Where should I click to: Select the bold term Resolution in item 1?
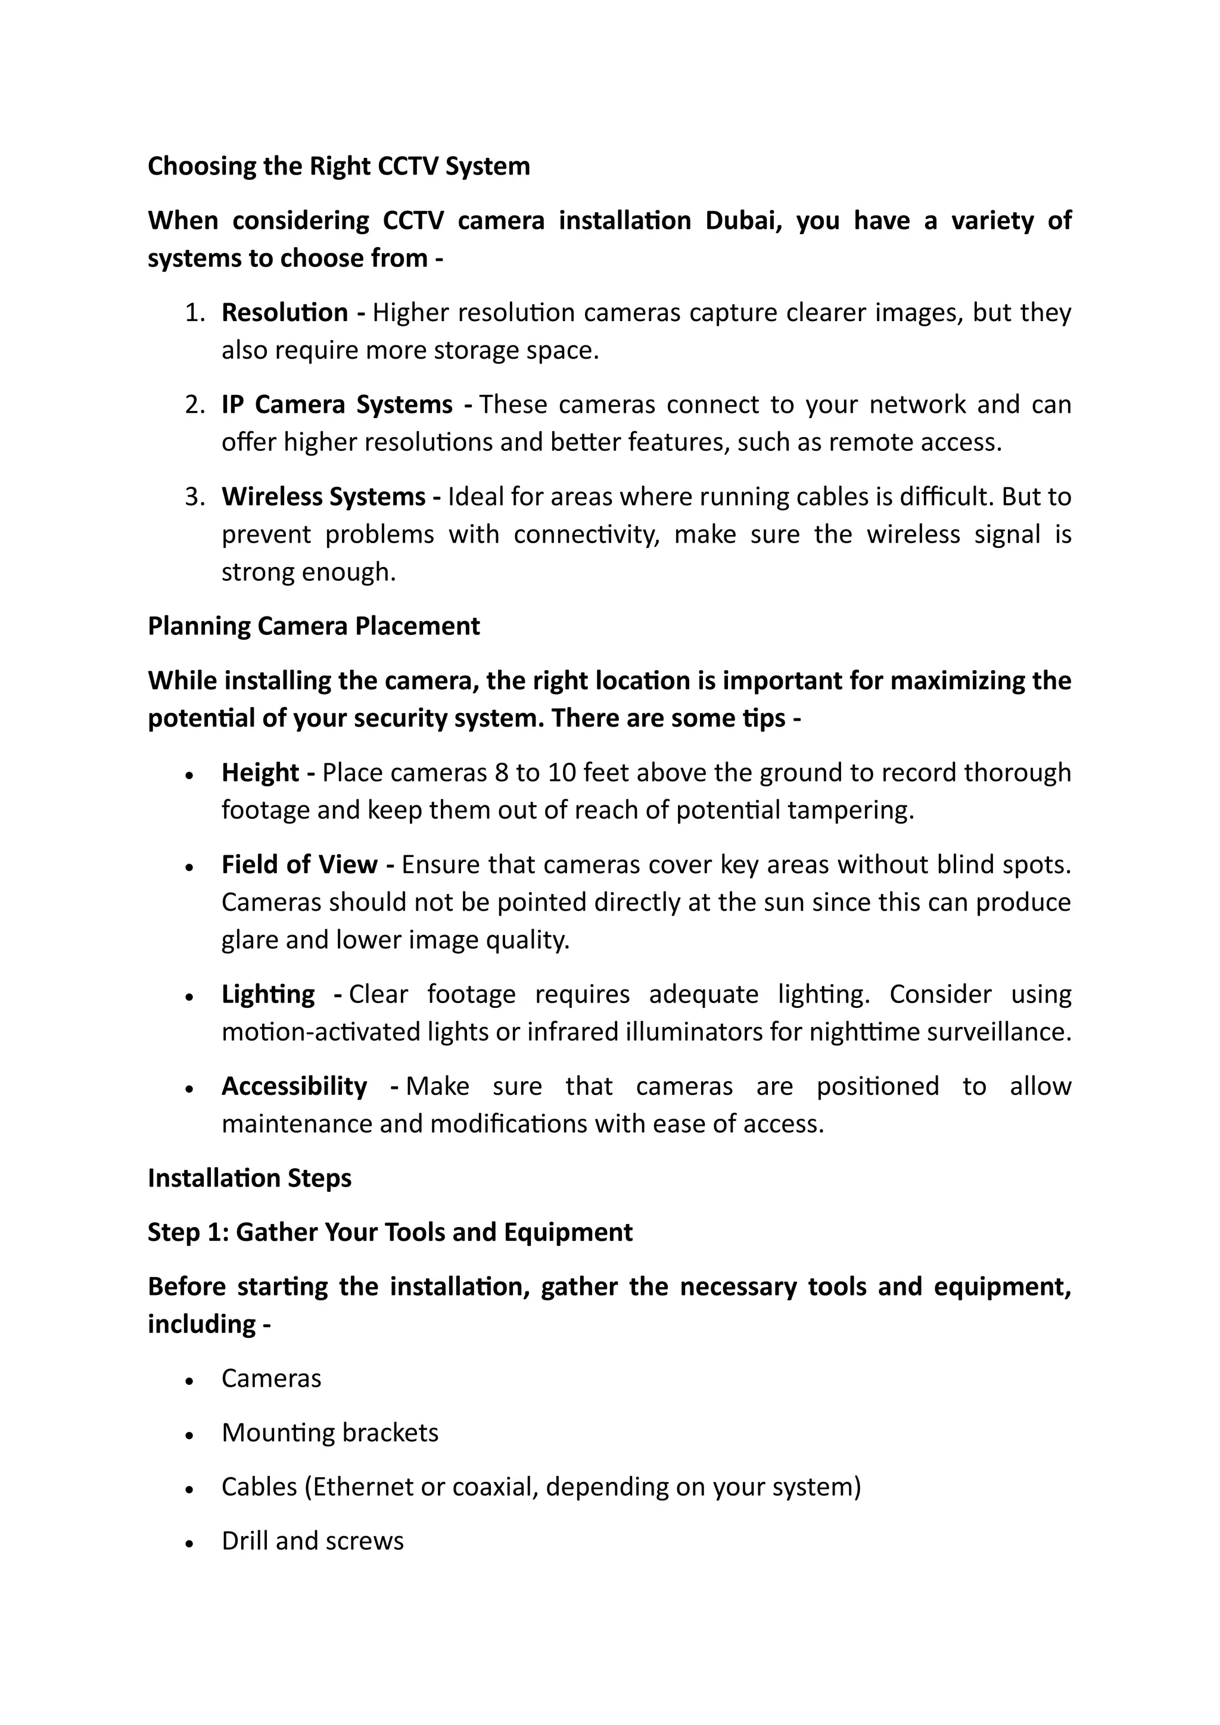point(285,313)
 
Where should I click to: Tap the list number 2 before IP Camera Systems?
point(194,405)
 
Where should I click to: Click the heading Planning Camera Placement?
point(313,626)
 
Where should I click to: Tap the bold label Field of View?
point(299,865)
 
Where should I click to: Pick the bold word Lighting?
point(267,994)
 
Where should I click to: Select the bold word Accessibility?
point(294,1086)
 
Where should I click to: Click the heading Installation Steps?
point(250,1178)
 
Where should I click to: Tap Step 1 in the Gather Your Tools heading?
point(188,1232)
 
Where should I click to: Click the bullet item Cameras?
point(271,1379)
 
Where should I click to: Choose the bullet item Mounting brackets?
point(330,1433)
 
